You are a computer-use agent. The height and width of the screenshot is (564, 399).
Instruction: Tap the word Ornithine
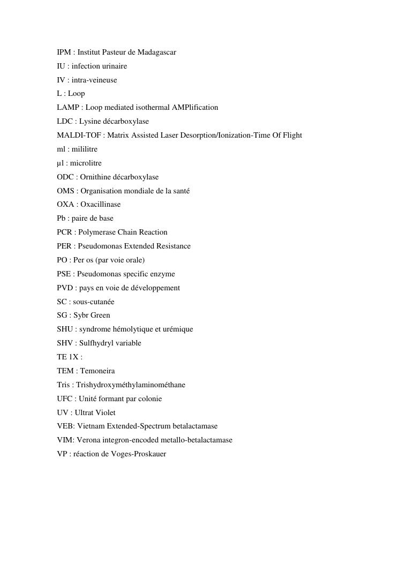95,177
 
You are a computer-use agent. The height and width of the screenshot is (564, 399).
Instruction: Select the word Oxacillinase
101,205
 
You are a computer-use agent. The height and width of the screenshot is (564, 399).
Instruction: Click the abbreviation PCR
64,232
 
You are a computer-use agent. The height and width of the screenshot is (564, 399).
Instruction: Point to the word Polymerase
97,232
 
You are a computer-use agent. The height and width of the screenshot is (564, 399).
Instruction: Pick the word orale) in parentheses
134,260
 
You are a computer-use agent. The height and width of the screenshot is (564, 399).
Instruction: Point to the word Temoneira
97,371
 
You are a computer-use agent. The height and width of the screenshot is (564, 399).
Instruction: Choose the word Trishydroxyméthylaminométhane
131,385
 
